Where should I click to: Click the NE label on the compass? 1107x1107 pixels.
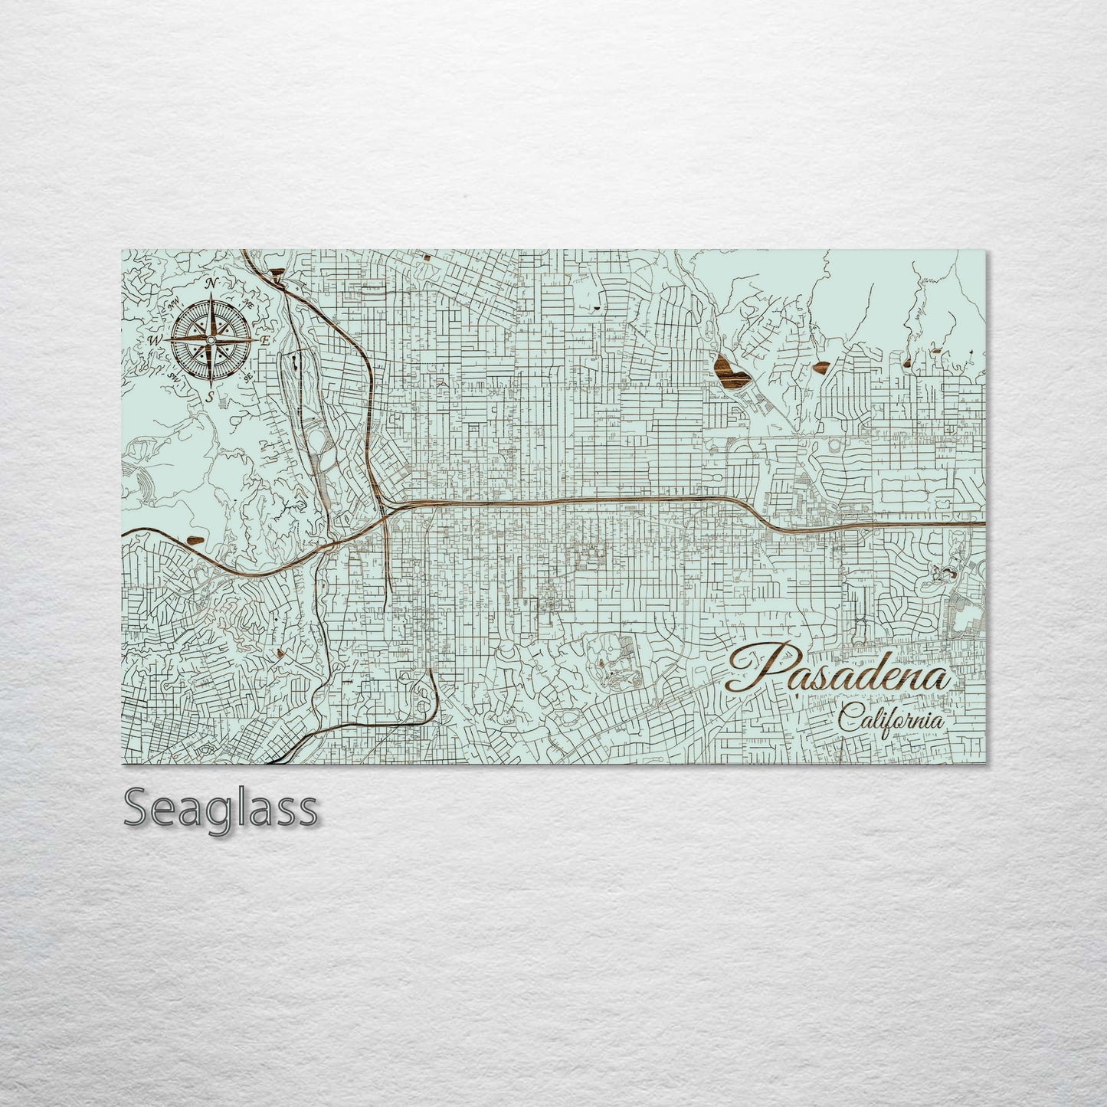coord(248,304)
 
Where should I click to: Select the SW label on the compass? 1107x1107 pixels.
coord(175,377)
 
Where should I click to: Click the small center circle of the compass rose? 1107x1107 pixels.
coord(211,339)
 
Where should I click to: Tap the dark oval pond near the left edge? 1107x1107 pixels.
coord(196,539)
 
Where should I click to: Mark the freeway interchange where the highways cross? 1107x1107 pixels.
coord(383,509)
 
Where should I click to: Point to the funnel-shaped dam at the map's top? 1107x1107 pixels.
coord(276,270)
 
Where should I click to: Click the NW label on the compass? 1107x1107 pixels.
coord(175,304)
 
